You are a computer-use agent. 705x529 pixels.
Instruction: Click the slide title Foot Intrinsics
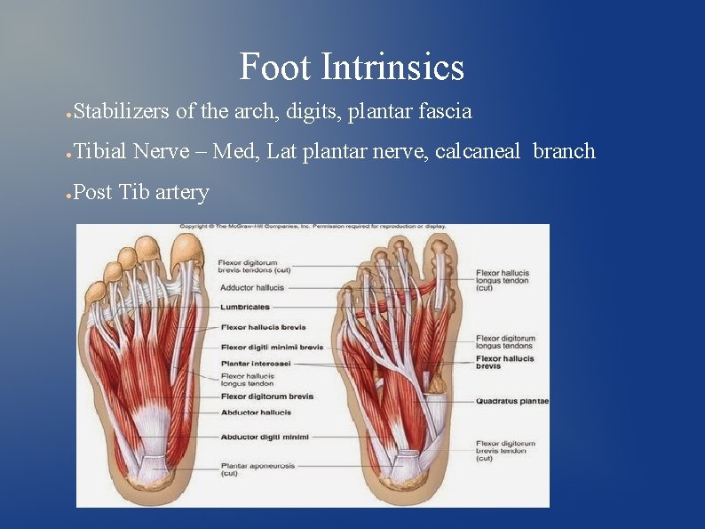pos(352,68)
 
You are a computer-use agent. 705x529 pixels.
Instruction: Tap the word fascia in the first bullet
pos(444,111)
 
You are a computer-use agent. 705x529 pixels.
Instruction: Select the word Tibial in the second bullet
pos(100,151)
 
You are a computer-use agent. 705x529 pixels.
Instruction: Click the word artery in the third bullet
pos(182,191)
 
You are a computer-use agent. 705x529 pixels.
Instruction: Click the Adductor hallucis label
pos(251,288)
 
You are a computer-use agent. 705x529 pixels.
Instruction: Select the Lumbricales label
pos(245,308)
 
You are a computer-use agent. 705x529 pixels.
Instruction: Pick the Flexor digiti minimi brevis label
pos(272,347)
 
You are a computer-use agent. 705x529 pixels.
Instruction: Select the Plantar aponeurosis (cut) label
pos(253,469)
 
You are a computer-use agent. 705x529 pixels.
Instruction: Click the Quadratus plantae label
pos(512,401)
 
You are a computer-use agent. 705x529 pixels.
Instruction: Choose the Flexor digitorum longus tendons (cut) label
pos(505,342)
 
